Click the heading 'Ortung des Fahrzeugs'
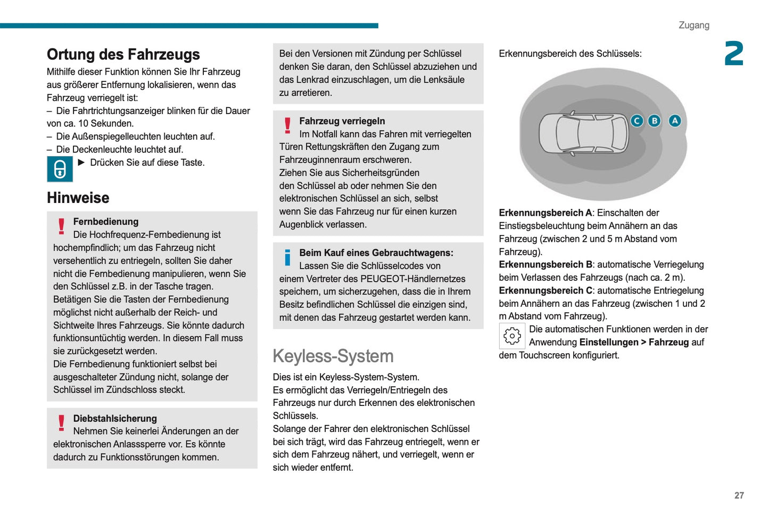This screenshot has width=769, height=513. (123, 54)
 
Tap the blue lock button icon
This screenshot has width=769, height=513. (60, 169)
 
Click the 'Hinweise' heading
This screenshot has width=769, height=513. (78, 198)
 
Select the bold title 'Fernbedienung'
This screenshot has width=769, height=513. (105, 222)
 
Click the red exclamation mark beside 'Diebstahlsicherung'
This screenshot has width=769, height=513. (61, 423)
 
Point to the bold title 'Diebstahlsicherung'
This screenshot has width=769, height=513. (115, 419)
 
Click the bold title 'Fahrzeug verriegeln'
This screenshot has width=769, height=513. (342, 121)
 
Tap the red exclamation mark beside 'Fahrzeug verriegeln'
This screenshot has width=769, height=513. (287, 126)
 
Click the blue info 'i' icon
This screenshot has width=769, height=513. (287, 257)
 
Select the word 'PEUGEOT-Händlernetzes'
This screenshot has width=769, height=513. (412, 279)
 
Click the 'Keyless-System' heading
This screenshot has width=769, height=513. (333, 356)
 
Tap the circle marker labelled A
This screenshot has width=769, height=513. (675, 121)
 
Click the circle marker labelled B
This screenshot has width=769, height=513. (655, 121)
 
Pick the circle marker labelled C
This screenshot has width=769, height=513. (636, 121)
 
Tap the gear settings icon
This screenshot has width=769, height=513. (512, 336)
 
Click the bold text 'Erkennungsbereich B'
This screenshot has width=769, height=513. (545, 265)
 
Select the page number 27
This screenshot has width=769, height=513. (739, 495)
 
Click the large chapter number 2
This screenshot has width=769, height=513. (734, 53)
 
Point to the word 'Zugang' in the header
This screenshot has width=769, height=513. (693, 25)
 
